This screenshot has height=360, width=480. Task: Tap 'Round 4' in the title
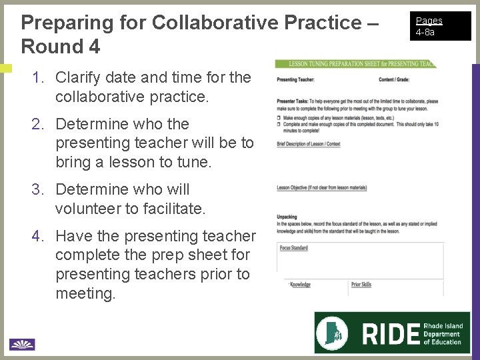pos(61,47)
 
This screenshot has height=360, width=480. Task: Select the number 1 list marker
pos(37,77)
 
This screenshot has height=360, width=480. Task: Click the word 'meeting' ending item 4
pos(84,293)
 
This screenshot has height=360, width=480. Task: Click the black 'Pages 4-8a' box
pos(441,26)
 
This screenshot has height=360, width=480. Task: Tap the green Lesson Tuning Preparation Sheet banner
pos(356,64)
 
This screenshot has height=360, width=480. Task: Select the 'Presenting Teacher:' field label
pos(296,80)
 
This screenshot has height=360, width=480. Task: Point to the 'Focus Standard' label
pos(293,248)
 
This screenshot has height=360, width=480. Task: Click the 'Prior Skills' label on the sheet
pos(361,285)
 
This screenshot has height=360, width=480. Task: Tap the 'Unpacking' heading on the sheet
pos(287,217)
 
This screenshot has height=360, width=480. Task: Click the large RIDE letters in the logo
pos(390,333)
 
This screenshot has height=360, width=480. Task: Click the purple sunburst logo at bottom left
pos(21,344)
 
